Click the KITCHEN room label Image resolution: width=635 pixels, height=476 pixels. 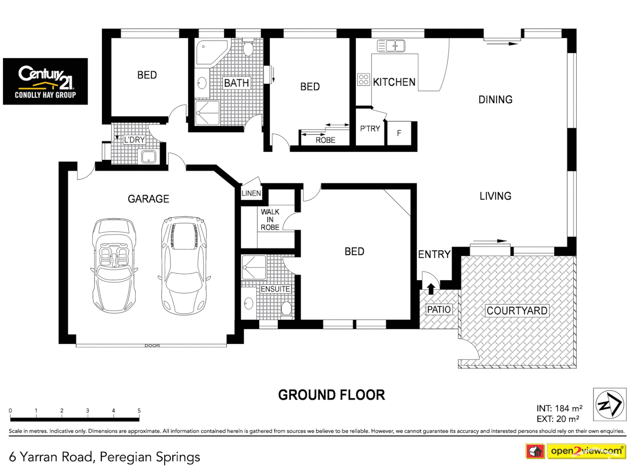394,82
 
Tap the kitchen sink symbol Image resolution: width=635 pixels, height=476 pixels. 391,45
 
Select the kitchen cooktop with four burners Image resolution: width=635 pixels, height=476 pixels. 363,79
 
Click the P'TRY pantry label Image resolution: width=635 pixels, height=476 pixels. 370,129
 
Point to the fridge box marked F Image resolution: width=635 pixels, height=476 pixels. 399,133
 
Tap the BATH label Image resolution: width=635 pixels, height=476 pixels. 236,83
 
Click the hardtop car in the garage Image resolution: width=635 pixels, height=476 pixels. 184,265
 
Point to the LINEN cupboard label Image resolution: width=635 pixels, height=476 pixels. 251,193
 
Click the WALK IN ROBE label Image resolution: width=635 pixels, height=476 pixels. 270,219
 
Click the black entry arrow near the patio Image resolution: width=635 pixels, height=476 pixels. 431,289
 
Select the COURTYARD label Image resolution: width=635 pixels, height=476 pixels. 517,311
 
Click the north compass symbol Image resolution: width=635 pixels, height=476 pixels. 609,404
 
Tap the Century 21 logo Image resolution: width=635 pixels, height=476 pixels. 45,82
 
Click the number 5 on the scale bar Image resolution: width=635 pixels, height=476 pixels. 139,411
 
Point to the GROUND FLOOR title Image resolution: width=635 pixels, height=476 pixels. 331,395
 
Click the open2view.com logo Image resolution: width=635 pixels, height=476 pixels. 586,451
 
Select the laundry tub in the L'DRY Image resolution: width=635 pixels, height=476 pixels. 148,156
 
